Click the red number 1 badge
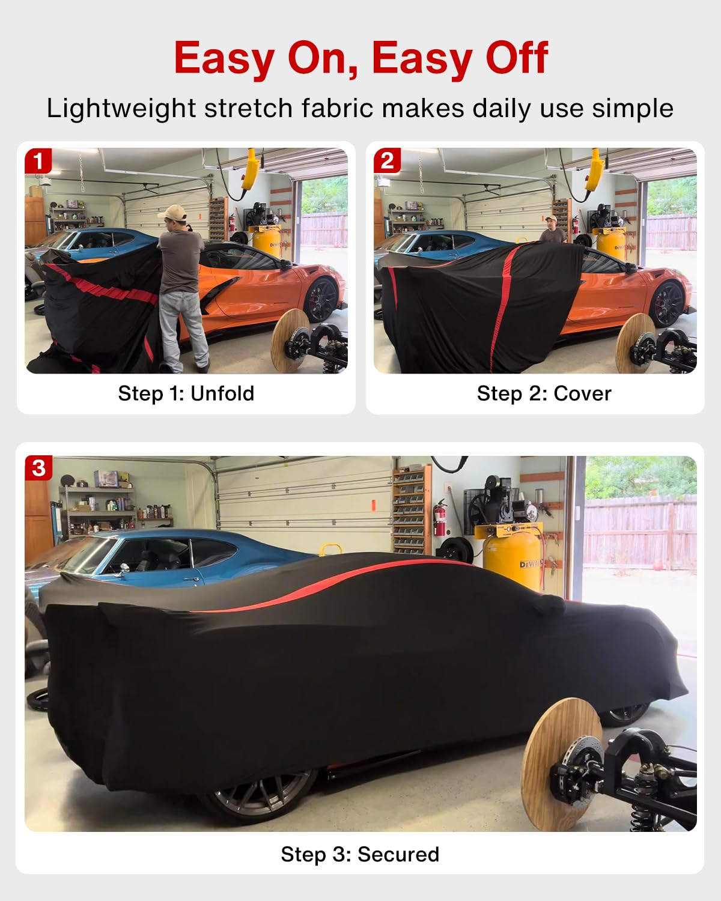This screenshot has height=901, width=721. tap(38, 161)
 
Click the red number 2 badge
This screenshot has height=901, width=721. tap(387, 161)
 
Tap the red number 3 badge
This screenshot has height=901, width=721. tap(38, 468)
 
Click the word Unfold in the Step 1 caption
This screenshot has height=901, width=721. tap(222, 393)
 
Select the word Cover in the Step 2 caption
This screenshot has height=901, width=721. tap(582, 393)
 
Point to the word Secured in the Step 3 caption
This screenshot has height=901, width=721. tap(398, 854)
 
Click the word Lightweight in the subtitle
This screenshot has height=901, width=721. tap(121, 109)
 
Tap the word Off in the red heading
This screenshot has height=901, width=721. tap(517, 58)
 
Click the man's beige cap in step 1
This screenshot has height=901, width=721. tap(172, 212)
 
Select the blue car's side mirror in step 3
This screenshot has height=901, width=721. tap(124, 569)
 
